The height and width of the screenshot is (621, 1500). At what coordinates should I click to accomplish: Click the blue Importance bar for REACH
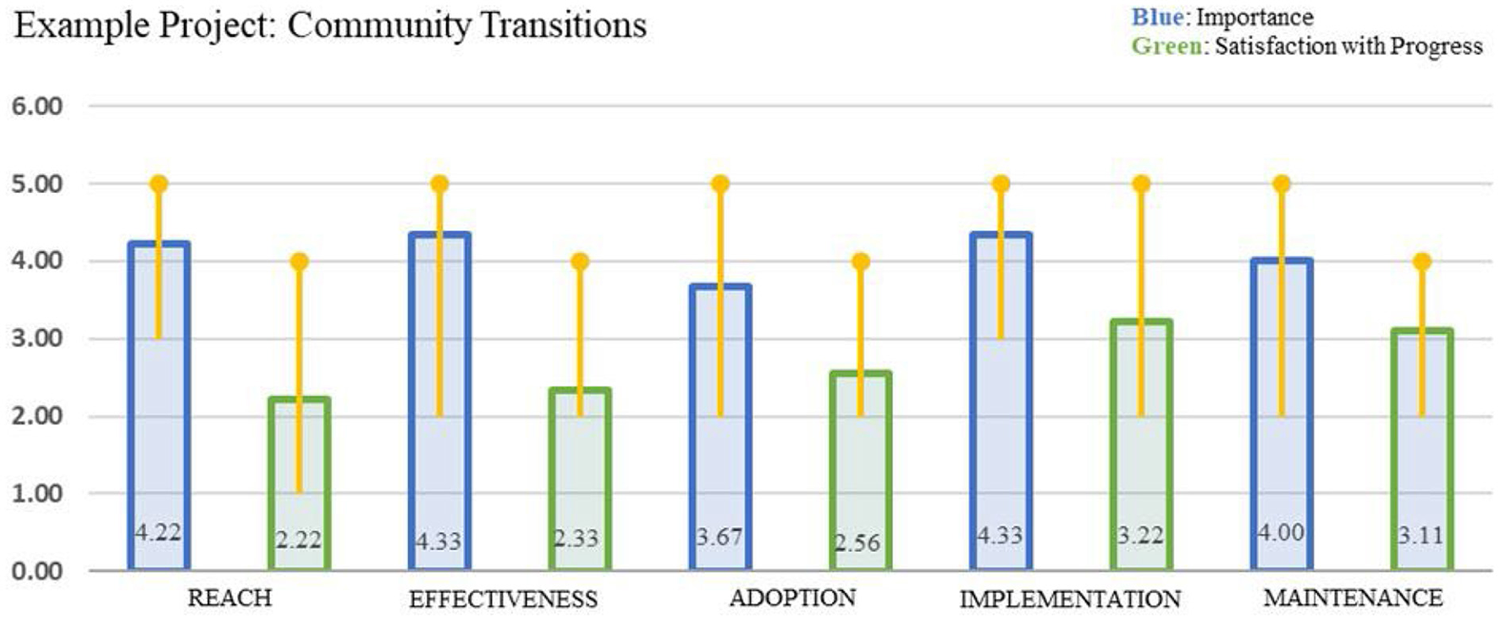coord(158,406)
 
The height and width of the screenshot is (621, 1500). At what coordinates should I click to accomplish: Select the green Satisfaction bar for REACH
coord(299,482)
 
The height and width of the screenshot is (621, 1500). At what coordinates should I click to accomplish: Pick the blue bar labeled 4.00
coord(1281,415)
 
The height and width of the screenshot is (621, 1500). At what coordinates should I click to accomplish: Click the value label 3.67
coord(719,537)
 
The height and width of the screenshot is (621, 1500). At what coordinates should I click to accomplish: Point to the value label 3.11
coord(1420,536)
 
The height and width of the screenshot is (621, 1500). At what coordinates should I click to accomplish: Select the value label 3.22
coord(1139,536)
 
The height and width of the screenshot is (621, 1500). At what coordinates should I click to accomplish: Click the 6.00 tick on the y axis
coord(36,107)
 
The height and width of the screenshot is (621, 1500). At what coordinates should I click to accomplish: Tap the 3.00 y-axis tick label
coord(36,338)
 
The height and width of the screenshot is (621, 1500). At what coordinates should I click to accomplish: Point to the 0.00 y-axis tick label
coord(36,571)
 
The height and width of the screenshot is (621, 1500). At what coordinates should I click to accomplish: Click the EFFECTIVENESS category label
coord(503,599)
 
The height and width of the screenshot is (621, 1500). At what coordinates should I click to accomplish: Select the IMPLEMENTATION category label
coord(1069,599)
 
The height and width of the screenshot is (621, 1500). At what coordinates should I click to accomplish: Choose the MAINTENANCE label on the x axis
coord(1352,598)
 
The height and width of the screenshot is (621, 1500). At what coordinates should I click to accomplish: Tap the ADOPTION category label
coord(792,598)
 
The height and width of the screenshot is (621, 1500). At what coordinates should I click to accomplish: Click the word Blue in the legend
coord(1156,17)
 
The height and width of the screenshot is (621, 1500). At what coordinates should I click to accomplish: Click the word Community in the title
coord(378,25)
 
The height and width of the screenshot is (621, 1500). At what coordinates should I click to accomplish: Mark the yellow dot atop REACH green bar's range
coord(299,261)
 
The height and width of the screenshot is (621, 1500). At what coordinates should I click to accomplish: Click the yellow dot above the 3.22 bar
coord(1141,184)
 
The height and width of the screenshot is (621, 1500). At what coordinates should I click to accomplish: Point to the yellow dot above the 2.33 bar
coord(580,261)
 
